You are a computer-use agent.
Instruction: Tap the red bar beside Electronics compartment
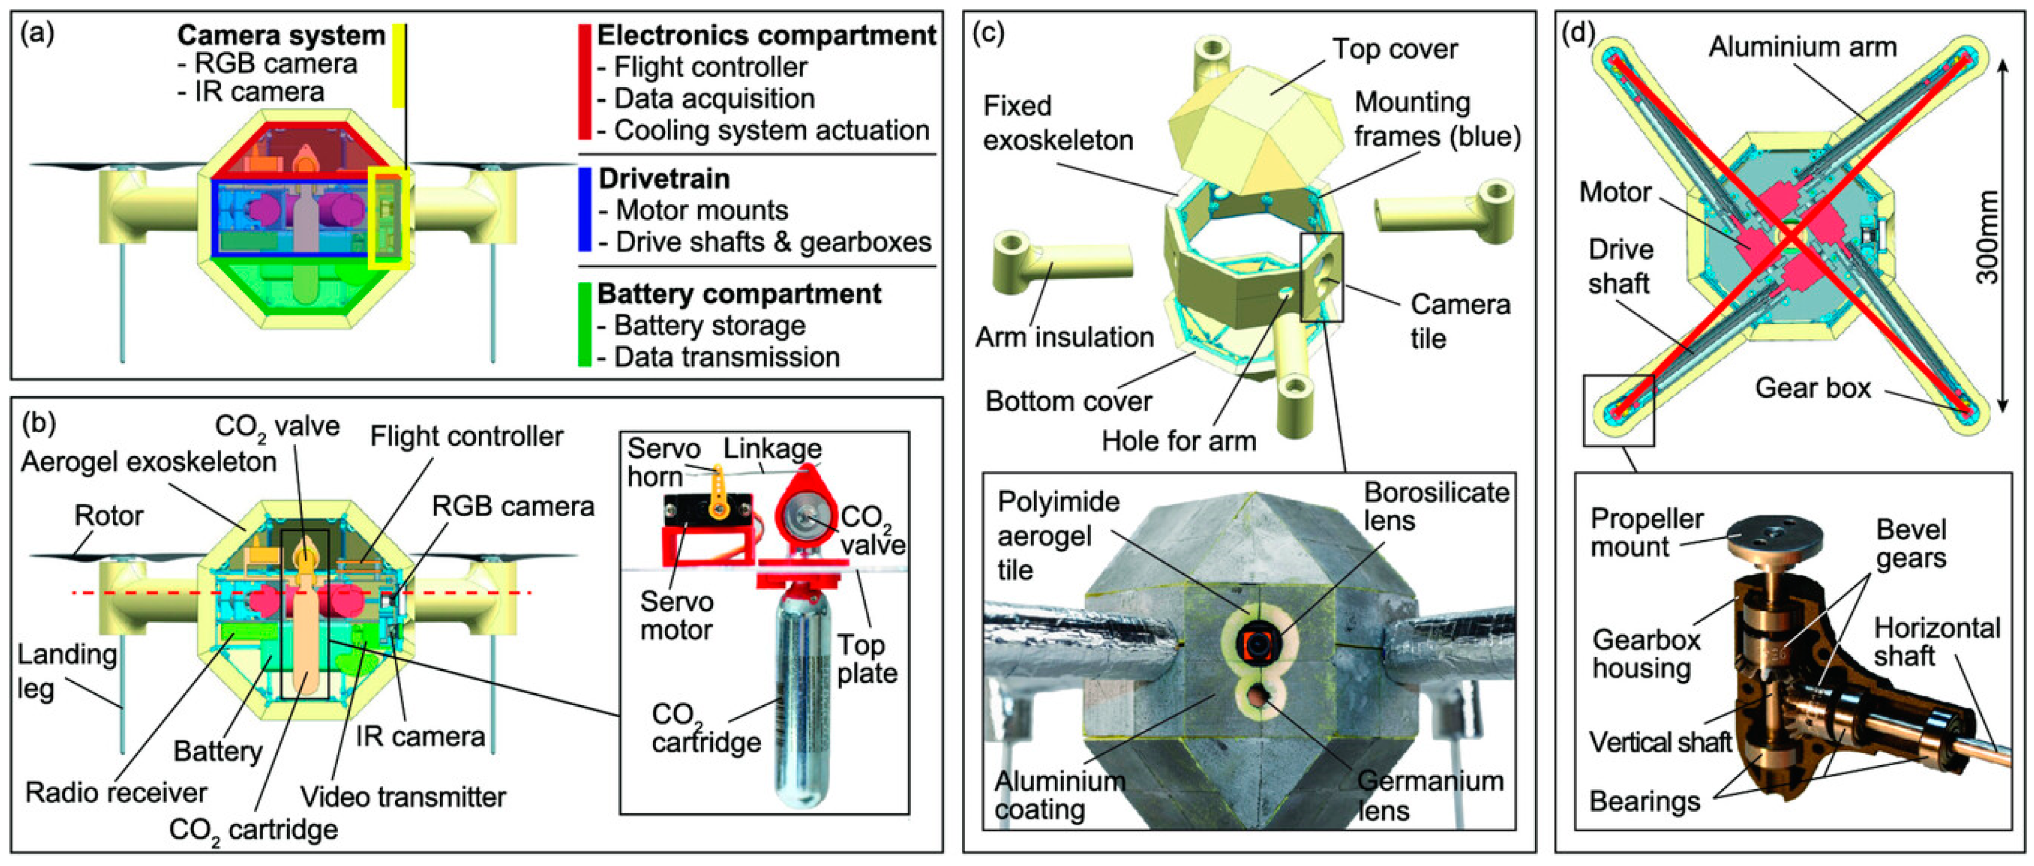[x=584, y=82]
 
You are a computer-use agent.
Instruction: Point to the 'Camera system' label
[x=280, y=35]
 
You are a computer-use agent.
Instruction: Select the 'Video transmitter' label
[x=403, y=797]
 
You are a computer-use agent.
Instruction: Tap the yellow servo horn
[x=719, y=493]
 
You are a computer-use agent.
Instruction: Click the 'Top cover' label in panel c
[x=1394, y=49]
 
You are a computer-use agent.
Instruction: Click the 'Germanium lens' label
[x=1429, y=795]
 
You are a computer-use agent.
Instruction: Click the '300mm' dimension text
[x=1986, y=237]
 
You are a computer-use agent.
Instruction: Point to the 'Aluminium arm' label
[x=1802, y=48]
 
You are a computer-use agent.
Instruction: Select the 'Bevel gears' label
[x=1911, y=543]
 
